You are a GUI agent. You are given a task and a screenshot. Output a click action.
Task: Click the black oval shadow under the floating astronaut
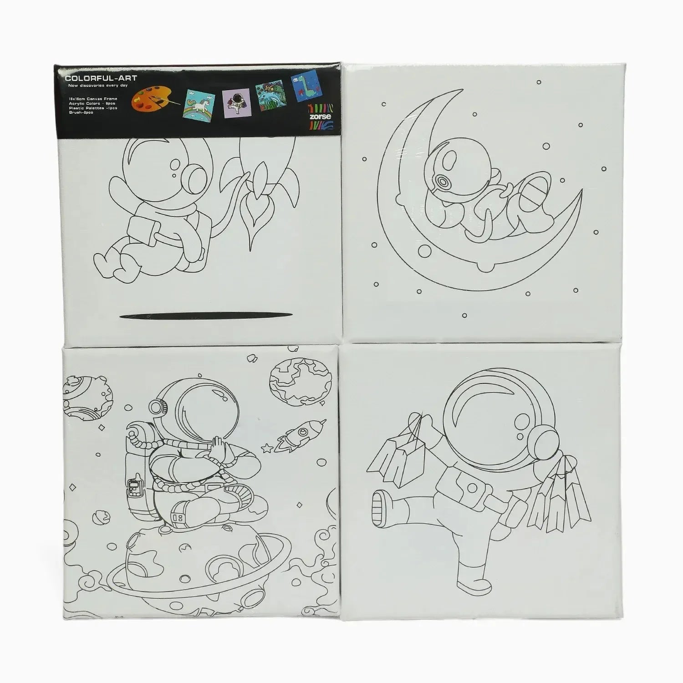(205, 316)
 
